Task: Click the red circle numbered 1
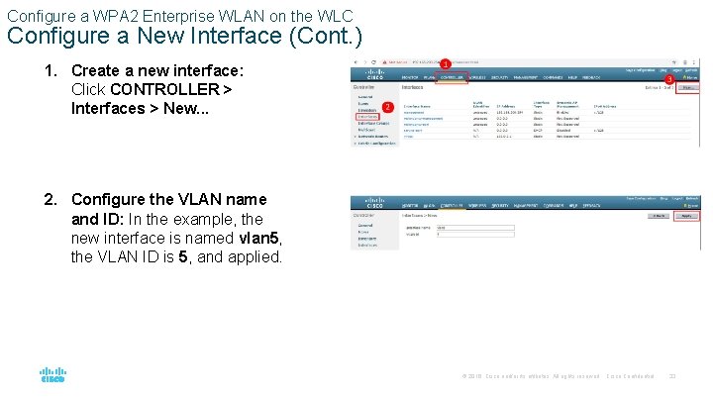[x=446, y=64]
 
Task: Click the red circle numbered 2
[x=387, y=106]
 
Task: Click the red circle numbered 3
[x=668, y=79]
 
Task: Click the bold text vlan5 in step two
[x=261, y=239]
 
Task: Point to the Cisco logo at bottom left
[x=52, y=376]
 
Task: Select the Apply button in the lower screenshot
[x=685, y=215]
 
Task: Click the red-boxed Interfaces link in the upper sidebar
[x=367, y=117]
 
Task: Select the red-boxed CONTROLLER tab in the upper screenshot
[x=455, y=76]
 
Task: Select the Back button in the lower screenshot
[x=657, y=215]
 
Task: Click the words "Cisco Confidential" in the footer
[x=631, y=376]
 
